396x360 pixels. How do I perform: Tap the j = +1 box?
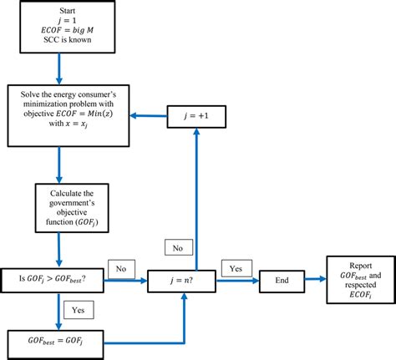coord(197,115)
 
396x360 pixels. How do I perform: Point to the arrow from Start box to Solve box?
coord(59,68)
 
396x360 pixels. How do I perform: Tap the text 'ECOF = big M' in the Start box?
coord(59,29)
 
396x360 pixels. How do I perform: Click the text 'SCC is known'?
coord(59,40)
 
